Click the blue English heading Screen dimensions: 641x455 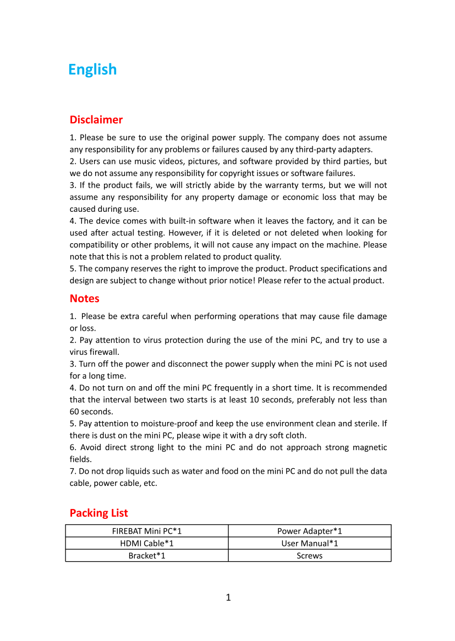(x=92, y=69)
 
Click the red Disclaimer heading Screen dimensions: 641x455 (x=96, y=119)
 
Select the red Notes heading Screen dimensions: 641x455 (x=84, y=298)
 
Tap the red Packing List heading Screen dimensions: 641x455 (x=98, y=513)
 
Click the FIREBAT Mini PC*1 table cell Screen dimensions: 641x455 (x=147, y=531)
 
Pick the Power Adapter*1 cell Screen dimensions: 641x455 (x=310, y=531)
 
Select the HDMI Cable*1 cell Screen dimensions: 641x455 (x=147, y=543)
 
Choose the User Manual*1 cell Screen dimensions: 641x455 (x=310, y=543)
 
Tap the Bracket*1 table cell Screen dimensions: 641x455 (x=147, y=555)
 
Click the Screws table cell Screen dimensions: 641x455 (x=310, y=555)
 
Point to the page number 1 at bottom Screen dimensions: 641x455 (x=228, y=598)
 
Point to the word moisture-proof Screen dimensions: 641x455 (x=153, y=423)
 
